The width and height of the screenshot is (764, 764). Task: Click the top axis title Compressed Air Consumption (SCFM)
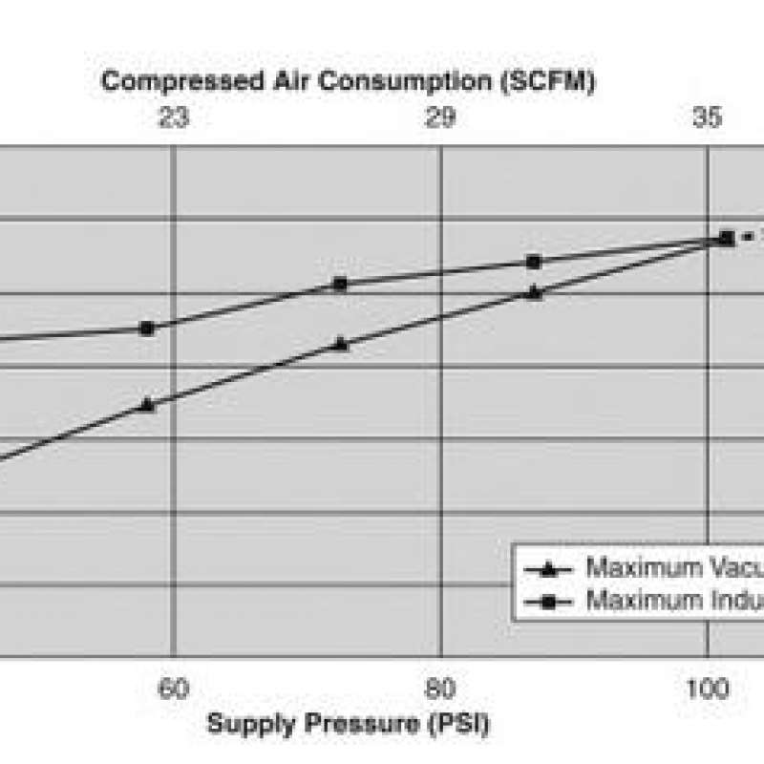tap(349, 81)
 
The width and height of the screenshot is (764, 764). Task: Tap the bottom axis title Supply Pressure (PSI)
tap(349, 723)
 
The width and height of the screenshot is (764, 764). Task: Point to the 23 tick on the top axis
tap(173, 118)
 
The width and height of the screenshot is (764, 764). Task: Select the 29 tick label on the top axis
tap(440, 118)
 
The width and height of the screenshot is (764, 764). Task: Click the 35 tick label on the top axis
tap(708, 118)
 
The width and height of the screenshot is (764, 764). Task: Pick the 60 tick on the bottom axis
tap(173, 690)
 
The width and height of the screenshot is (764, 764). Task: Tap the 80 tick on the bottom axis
tap(440, 690)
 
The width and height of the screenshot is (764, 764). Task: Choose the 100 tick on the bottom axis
tap(708, 690)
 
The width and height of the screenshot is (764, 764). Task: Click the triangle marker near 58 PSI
tap(146, 403)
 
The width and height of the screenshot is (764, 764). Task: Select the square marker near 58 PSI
tap(147, 328)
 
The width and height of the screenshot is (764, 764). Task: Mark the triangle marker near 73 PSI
tap(341, 344)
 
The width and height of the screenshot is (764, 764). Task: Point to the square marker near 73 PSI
tap(341, 284)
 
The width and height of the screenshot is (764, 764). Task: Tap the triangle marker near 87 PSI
tap(535, 292)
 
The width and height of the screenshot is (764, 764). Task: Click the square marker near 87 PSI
tap(535, 262)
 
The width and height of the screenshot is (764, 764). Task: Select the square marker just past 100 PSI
tap(727, 237)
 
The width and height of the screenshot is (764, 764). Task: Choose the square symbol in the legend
tap(548, 602)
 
